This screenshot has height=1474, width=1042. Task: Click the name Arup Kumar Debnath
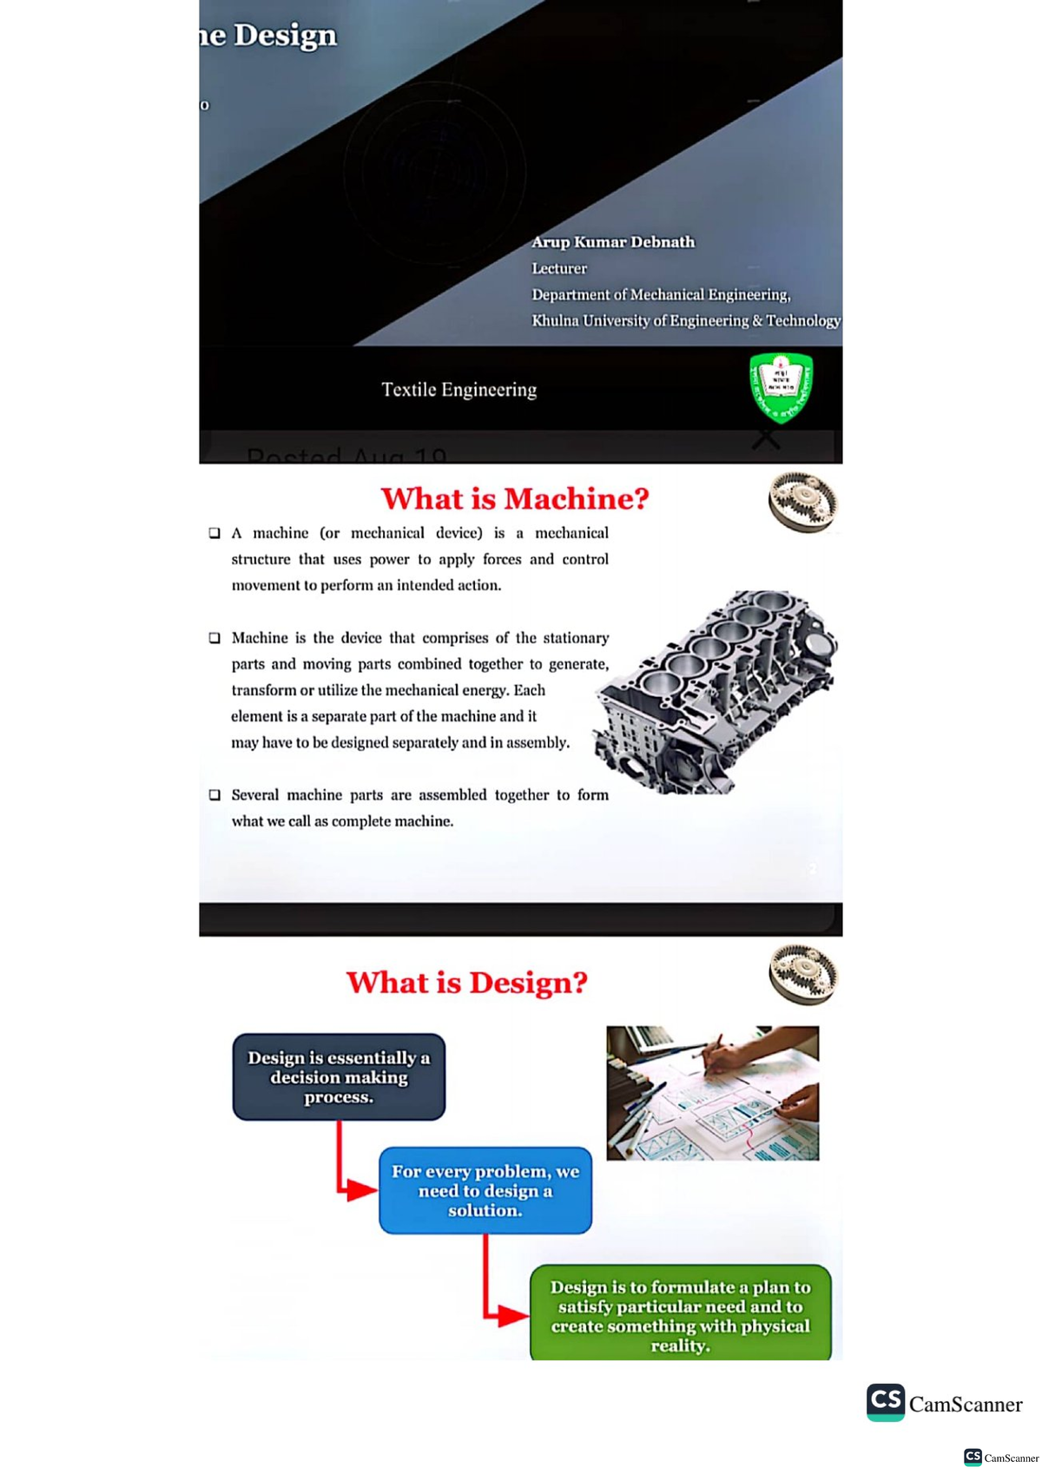[613, 242]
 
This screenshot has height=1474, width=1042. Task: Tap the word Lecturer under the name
[559, 268]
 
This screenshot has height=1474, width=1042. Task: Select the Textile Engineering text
[458, 390]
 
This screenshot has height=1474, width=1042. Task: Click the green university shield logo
[781, 386]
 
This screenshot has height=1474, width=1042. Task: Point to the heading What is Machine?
[515, 498]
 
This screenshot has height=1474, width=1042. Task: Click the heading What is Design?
[467, 982]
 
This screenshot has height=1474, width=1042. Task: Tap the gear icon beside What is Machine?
[802, 502]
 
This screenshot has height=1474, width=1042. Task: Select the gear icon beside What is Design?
[802, 974]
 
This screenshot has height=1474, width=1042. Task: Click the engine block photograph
[716, 692]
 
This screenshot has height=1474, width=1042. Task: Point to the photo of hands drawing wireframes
[712, 1093]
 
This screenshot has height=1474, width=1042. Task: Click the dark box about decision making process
[339, 1076]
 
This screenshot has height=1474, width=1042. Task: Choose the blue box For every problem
[485, 1190]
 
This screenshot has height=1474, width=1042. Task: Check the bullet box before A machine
[214, 533]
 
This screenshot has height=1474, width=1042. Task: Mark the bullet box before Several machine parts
[214, 795]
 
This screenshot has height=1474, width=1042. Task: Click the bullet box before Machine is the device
[214, 638]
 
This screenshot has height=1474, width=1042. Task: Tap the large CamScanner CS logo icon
[886, 1402]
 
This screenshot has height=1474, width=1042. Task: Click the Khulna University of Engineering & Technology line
[686, 320]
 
